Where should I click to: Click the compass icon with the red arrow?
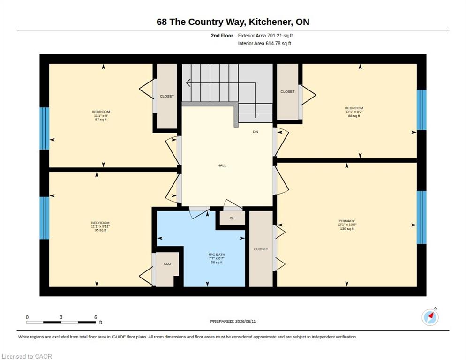(x=430, y=317)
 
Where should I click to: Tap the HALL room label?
(x=222, y=165)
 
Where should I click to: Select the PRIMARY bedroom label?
(x=347, y=221)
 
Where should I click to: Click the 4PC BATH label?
(x=217, y=255)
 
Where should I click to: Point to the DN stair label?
(x=256, y=132)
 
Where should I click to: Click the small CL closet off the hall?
(x=232, y=218)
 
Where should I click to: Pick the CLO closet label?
(x=167, y=264)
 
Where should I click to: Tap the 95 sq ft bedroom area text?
(x=100, y=230)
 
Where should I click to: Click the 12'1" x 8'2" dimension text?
(x=354, y=112)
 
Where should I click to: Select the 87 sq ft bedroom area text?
(x=101, y=120)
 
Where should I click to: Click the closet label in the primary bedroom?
(x=261, y=249)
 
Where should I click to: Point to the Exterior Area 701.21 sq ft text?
(x=265, y=36)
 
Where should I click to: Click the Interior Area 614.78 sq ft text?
(x=264, y=44)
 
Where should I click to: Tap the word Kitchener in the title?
(x=270, y=22)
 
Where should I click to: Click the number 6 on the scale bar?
(x=96, y=317)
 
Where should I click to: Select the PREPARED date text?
(x=233, y=322)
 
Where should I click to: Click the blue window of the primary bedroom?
(x=421, y=217)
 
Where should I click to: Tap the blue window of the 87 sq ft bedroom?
(x=44, y=128)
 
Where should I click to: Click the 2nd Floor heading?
(x=222, y=36)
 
